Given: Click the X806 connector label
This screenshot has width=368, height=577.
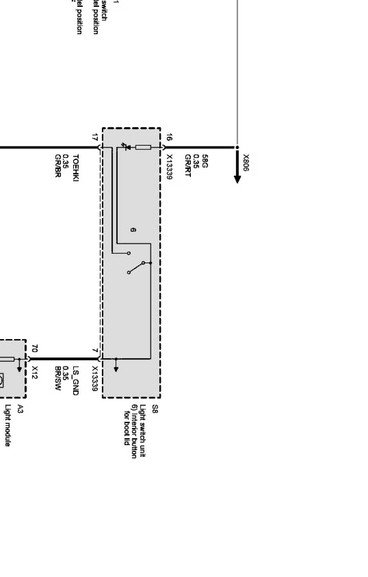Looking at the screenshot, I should click(246, 163).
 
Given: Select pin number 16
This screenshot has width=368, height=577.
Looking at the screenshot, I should click(169, 137).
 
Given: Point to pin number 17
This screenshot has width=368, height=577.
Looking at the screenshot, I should click(94, 137).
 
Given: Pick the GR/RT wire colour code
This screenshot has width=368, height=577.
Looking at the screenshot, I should click(188, 166).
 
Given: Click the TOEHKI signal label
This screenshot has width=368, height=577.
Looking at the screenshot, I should click(75, 168).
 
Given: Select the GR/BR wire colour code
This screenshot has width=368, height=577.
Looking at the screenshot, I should click(57, 166).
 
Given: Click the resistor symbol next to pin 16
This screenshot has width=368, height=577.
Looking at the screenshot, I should click(143, 147).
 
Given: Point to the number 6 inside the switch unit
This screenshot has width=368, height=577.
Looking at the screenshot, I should click(133, 230).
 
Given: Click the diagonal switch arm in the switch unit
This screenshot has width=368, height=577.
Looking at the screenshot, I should click(136, 268).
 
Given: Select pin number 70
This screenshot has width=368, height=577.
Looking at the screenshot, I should click(34, 348).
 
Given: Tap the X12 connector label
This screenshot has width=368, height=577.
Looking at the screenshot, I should click(35, 372).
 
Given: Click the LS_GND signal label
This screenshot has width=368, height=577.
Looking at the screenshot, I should click(76, 380).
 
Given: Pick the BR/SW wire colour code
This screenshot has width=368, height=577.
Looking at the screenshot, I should click(58, 379).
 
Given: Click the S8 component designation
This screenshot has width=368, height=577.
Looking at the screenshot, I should click(155, 409).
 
